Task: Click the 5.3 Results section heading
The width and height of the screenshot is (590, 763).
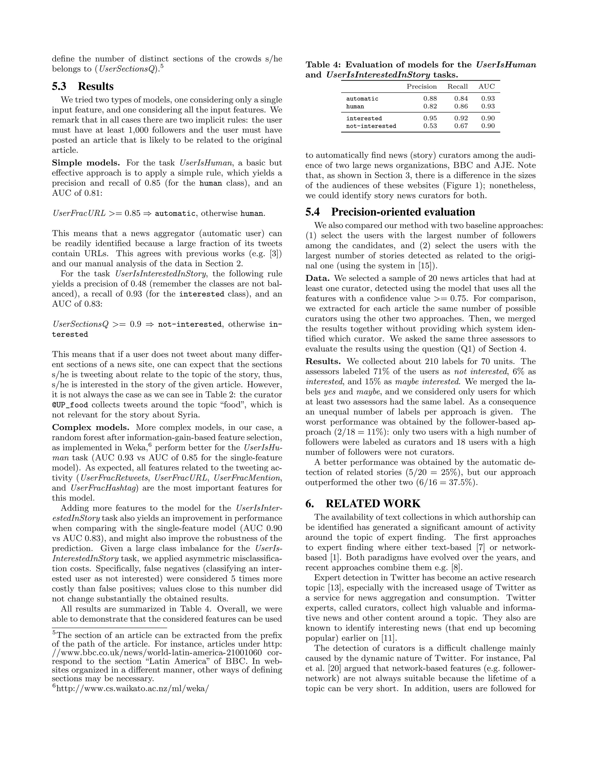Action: [83, 86]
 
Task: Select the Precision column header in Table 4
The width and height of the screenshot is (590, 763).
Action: [421, 87]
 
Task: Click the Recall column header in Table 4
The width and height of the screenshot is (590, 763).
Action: [457, 87]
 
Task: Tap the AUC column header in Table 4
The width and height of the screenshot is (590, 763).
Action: [487, 87]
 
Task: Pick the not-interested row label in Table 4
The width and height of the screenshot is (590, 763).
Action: [371, 126]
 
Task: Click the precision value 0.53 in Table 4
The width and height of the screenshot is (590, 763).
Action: [430, 126]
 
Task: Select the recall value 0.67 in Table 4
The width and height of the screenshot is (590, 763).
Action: [461, 126]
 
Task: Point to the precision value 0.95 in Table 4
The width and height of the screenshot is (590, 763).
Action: [430, 118]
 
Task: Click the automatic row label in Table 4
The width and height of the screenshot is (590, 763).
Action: [362, 99]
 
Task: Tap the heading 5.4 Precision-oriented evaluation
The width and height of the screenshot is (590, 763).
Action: [390, 212]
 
